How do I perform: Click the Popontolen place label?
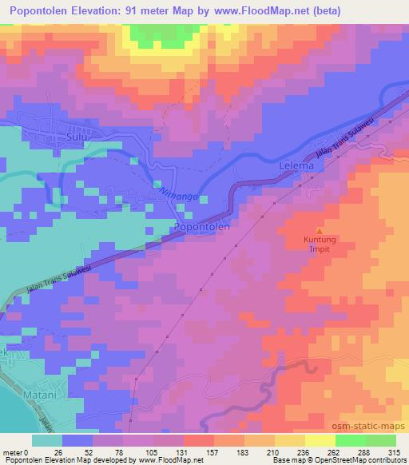click(202, 227)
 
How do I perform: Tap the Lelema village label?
click(299, 167)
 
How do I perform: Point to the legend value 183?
click(247, 452)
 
